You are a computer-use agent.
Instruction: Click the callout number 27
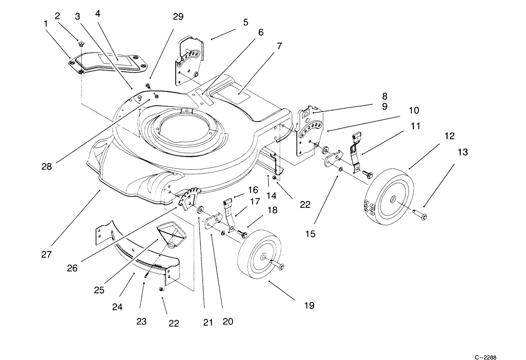point(46,255)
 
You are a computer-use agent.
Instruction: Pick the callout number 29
point(178,17)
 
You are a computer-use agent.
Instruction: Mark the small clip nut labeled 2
point(81,44)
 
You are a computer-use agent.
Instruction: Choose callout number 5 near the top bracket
point(246,22)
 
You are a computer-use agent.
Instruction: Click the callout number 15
point(310,234)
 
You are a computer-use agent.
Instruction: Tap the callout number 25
point(99,290)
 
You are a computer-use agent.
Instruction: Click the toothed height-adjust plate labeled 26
point(189,198)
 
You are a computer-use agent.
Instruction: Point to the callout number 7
point(279,46)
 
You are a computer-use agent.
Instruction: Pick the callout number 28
point(47,166)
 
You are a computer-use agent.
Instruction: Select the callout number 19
point(309,305)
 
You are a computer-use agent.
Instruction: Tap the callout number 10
point(414,110)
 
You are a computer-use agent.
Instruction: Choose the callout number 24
point(117,306)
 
